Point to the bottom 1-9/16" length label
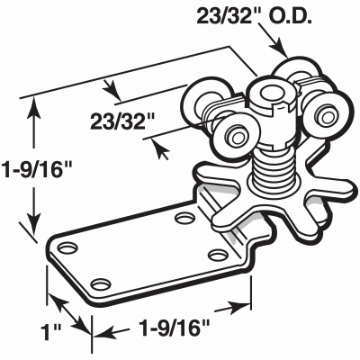[x=174, y=328]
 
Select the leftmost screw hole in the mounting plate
[x=67, y=247]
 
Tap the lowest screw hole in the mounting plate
[x=100, y=283]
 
